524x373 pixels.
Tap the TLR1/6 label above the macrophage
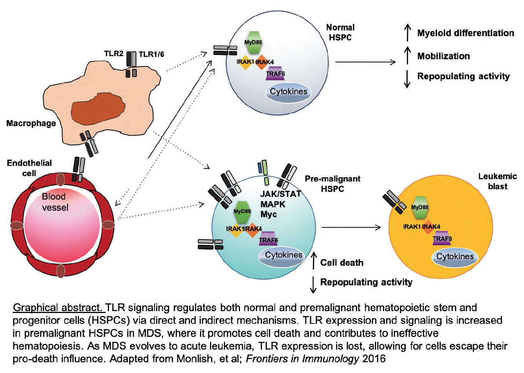coord(151,54)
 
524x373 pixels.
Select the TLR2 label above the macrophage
coord(114,53)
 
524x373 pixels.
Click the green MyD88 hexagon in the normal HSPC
coord(253,42)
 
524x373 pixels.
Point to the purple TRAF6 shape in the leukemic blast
coord(442,238)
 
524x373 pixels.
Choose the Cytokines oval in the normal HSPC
coord(288,92)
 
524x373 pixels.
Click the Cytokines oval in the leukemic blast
coord(455,257)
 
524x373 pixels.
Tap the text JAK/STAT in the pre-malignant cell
coord(280,194)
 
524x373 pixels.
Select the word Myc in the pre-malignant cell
coord(269,215)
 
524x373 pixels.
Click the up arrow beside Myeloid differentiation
coord(408,33)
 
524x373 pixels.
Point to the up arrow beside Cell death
coord(314,261)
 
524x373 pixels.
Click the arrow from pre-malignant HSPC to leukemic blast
coord(351,228)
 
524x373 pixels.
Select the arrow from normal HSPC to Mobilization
coord(365,62)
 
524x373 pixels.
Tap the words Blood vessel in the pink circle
coord(55,202)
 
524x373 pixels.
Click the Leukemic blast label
coord(497,181)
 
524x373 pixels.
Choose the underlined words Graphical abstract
coord(58,308)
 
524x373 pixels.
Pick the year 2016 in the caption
coord(374,359)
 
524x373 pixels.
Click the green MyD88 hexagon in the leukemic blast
coord(420,207)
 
